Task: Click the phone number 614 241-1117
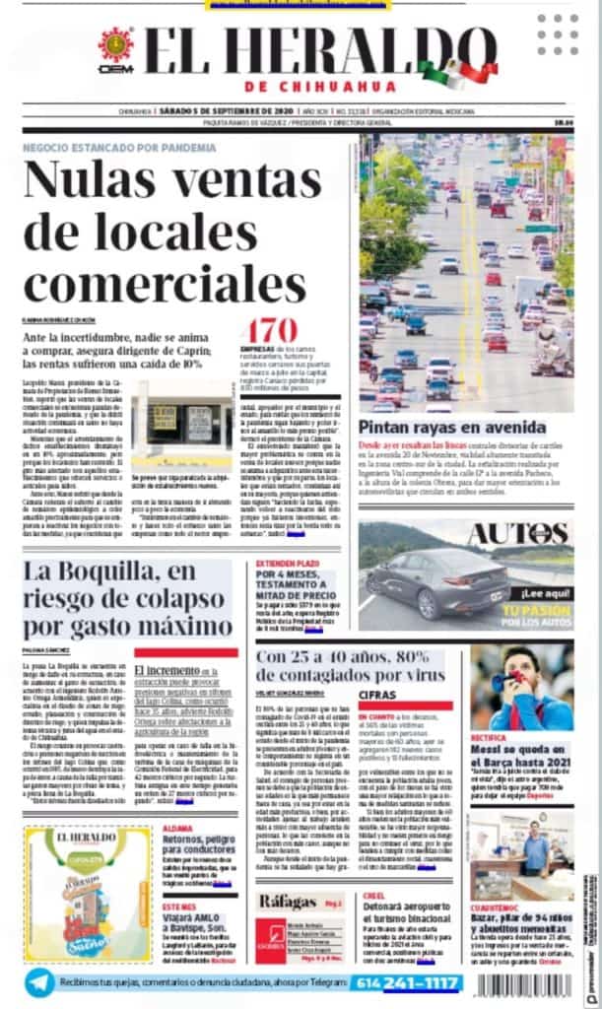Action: coord(408,982)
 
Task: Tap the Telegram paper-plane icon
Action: coord(39,982)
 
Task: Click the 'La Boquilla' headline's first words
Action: coord(79,572)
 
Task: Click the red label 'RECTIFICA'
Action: coord(490,737)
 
